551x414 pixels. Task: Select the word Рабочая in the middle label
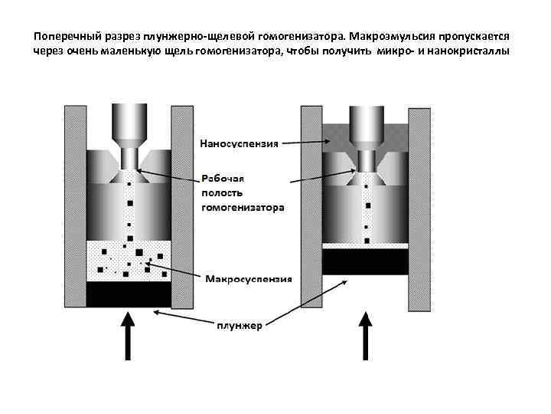(x=223, y=177)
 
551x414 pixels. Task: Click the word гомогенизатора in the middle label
(x=243, y=207)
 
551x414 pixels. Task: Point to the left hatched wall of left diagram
(x=75, y=207)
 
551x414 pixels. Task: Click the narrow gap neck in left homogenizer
(x=129, y=160)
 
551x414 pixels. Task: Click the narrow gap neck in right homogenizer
(x=366, y=161)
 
